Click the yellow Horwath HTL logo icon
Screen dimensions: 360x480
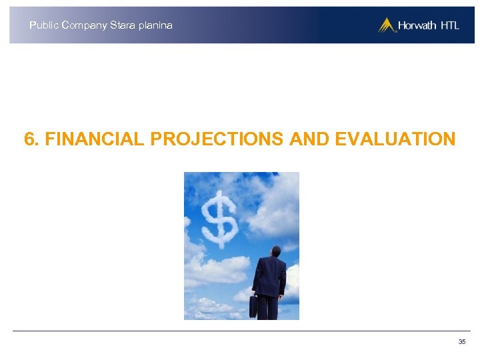[387, 25]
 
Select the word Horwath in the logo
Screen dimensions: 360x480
[417, 26]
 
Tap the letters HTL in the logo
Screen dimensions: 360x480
[449, 26]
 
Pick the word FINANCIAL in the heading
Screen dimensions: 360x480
[95, 139]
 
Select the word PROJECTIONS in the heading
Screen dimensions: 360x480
[217, 139]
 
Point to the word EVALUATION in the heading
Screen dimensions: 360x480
[395, 139]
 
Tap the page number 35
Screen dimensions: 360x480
[462, 342]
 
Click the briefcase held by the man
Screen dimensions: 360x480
[253, 307]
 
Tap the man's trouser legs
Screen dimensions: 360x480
[269, 307]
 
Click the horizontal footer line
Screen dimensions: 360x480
[240, 331]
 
